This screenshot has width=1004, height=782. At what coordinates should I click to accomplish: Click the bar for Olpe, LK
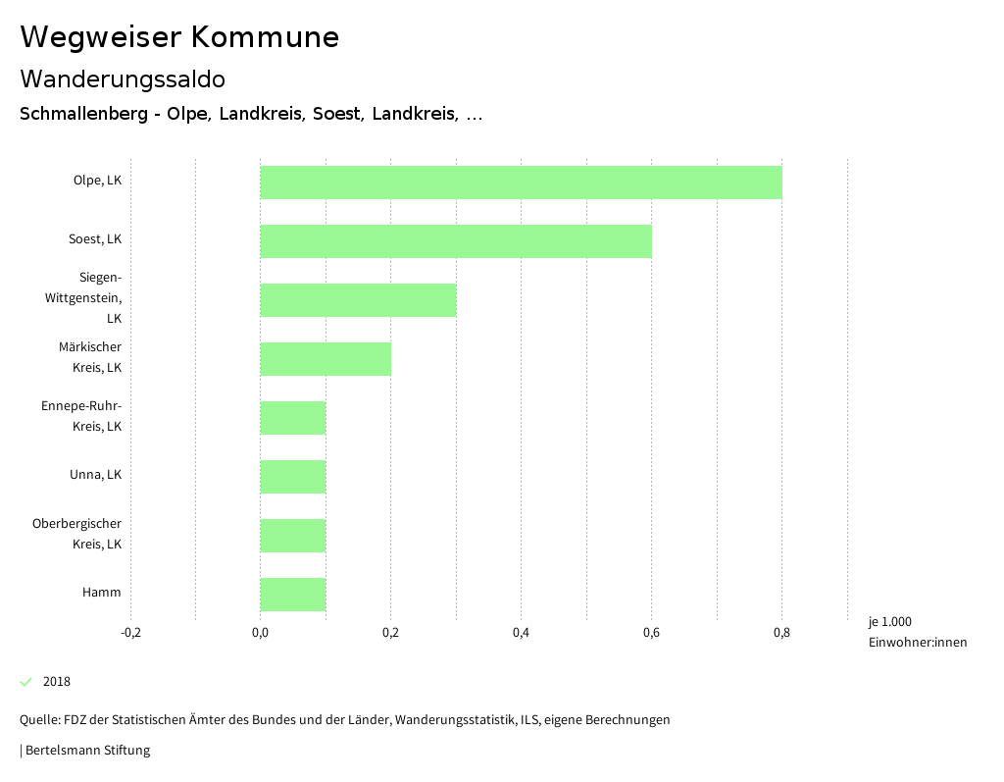coord(521,182)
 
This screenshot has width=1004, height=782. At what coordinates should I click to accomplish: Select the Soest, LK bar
coord(456,241)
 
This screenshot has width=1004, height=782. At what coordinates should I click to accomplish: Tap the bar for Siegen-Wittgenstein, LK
coord(358,300)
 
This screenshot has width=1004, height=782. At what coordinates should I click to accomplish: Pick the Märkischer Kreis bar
coord(326,359)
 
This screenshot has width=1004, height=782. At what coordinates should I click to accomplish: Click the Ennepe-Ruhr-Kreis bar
coord(292,418)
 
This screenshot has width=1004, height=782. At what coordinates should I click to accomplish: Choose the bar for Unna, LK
coord(292,477)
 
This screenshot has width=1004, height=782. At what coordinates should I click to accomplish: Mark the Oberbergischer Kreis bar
coord(292,536)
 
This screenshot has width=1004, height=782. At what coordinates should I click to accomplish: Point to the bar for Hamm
coord(292,595)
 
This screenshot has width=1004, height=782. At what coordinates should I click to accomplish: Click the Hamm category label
coord(102,593)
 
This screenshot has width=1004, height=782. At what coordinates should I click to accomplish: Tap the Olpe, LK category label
coord(97,181)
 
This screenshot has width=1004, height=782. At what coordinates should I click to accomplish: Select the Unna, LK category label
coord(95,475)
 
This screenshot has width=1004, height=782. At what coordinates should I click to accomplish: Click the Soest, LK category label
coord(95,239)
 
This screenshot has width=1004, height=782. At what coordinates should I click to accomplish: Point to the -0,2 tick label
coord(130,633)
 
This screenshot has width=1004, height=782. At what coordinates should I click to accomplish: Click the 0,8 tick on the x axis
coord(781,633)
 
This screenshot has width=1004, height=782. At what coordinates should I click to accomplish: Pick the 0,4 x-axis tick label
coord(521,633)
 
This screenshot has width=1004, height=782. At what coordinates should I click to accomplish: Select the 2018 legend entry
coord(56,682)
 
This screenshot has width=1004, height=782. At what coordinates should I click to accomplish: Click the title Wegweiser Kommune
coord(179,37)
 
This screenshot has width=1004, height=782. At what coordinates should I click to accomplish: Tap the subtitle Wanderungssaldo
coord(123,78)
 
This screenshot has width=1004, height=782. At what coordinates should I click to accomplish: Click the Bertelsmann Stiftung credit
coord(86,751)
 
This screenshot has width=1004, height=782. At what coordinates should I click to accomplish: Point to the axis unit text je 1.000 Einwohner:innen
coord(917,632)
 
